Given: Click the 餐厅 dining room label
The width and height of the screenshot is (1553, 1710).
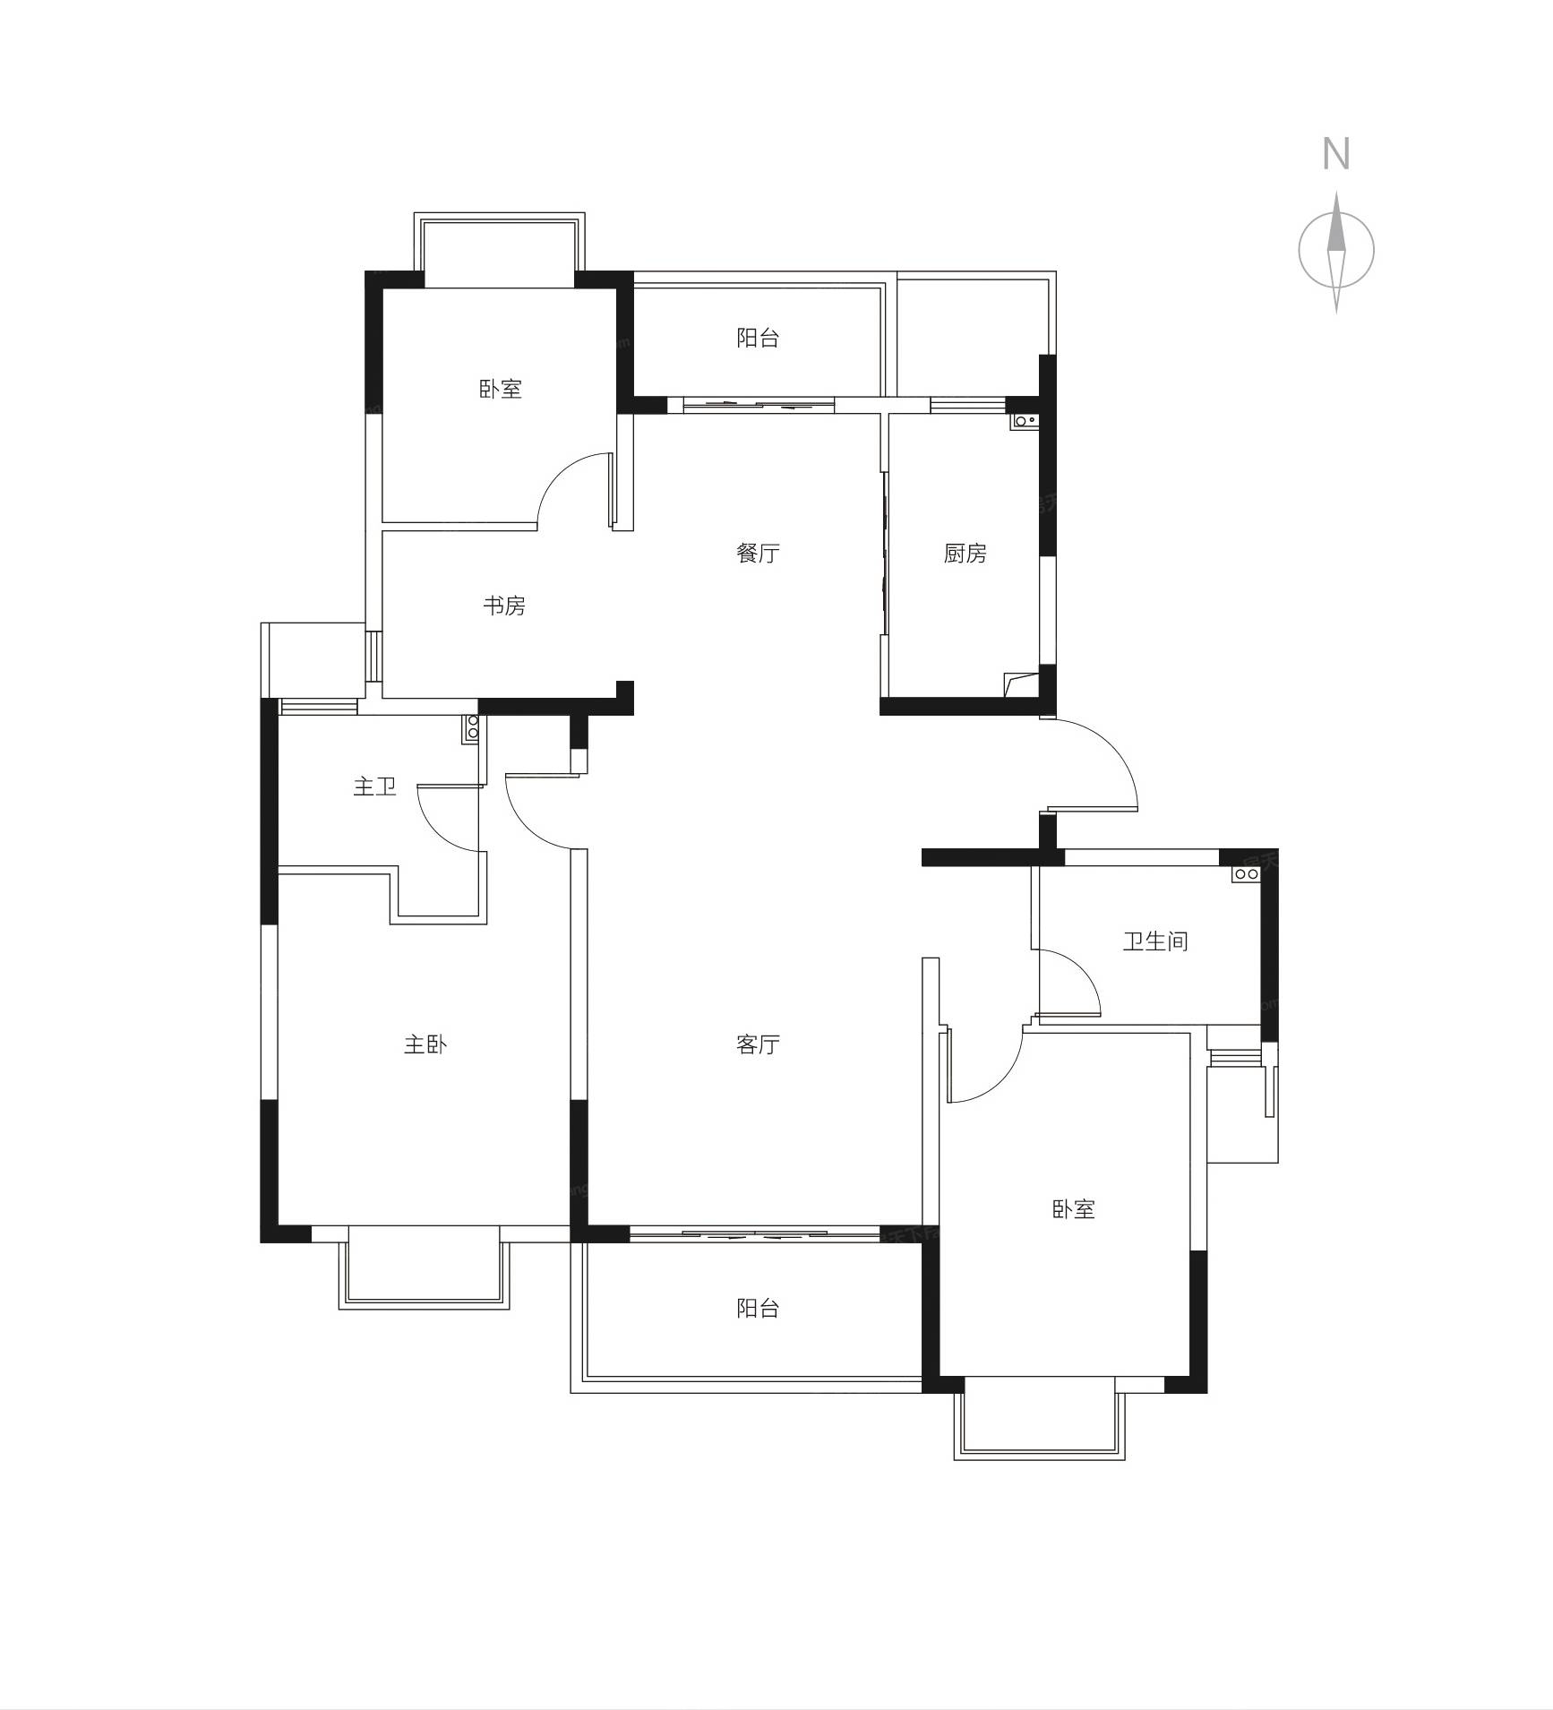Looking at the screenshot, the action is click(x=758, y=553).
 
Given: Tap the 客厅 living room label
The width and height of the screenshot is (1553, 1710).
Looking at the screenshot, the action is click(x=758, y=1044).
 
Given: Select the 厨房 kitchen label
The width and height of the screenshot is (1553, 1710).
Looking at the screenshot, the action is click(x=965, y=554).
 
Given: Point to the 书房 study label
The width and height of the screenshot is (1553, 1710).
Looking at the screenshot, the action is click(x=503, y=606).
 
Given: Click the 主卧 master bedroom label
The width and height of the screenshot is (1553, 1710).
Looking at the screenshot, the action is click(x=425, y=1044).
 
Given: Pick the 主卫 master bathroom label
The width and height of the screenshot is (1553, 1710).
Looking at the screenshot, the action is click(x=374, y=786).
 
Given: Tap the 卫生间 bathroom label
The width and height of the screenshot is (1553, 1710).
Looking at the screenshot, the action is click(x=1155, y=941).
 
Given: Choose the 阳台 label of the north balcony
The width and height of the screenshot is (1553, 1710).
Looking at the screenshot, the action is click(x=758, y=338).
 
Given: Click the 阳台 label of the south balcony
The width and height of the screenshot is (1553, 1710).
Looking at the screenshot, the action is click(x=758, y=1308).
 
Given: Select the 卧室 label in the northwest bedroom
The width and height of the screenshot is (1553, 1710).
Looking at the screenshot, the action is click(x=500, y=389).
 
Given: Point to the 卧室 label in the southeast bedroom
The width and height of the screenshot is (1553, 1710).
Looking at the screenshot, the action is click(x=1073, y=1209).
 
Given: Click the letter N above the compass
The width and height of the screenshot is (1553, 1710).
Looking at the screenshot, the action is click(x=1335, y=154).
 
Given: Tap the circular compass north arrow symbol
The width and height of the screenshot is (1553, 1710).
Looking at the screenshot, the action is click(x=1336, y=251).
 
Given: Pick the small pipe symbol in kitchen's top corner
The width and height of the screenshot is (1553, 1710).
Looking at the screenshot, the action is click(x=1025, y=419).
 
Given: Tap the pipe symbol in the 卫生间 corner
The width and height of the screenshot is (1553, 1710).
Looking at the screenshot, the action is click(x=1247, y=873).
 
